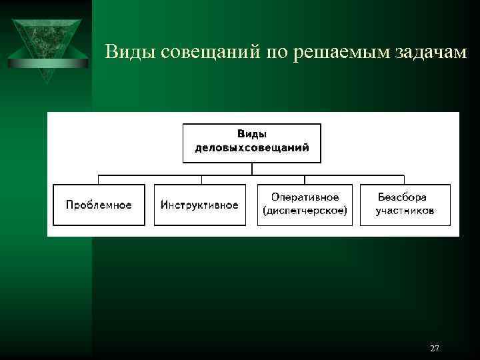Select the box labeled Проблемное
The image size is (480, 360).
click(99, 205)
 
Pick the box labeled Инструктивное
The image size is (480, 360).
click(200, 205)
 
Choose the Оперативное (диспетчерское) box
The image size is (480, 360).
click(305, 205)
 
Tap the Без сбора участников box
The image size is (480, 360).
click(405, 205)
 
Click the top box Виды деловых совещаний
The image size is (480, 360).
click(252, 143)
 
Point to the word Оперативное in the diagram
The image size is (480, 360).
click(305, 197)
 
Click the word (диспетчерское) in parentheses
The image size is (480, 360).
click(305, 211)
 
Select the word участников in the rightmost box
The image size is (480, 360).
click(405, 211)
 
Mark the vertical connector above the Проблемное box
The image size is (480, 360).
click(99, 179)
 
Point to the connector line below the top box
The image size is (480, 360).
click(252, 169)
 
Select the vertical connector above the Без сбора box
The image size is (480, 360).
click(404, 179)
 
